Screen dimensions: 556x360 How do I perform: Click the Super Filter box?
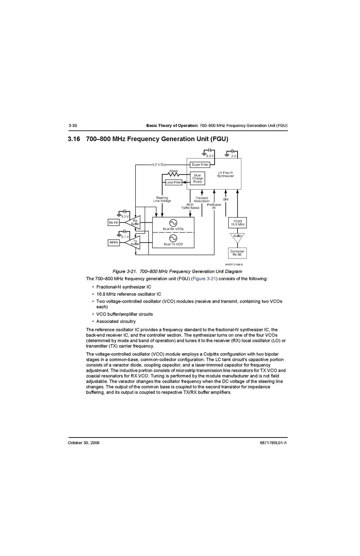click(200, 165)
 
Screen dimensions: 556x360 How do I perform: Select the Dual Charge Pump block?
click(197, 178)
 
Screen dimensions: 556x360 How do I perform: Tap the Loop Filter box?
click(173, 182)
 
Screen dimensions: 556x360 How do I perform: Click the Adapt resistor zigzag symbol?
click(173, 174)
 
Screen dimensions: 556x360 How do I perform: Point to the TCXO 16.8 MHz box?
click(237, 223)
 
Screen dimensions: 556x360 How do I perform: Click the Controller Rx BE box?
click(237, 253)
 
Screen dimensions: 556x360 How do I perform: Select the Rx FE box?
click(114, 223)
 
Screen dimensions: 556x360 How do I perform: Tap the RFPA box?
click(114, 242)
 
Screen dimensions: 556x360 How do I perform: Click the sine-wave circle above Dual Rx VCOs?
click(173, 223)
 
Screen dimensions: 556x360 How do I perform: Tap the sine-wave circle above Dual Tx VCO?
click(173, 238)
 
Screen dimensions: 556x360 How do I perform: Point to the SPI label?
click(225, 200)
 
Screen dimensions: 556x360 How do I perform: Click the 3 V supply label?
click(233, 156)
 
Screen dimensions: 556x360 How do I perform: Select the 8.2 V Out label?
click(159, 165)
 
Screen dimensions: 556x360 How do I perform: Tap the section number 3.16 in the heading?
click(73, 139)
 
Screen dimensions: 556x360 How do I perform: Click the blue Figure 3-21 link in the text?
click(204, 279)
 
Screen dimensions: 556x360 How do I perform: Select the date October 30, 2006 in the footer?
click(84, 443)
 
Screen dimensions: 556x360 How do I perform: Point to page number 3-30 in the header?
click(73, 125)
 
